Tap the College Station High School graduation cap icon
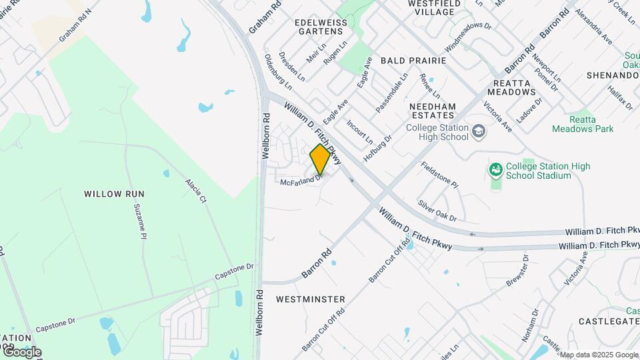point(478,131)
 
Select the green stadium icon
point(495,170)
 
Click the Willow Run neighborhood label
point(114,194)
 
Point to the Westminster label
point(311,299)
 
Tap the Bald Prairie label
point(413,60)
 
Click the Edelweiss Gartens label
point(323,27)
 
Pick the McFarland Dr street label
point(301,180)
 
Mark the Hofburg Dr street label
point(377,148)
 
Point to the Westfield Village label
point(434,7)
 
